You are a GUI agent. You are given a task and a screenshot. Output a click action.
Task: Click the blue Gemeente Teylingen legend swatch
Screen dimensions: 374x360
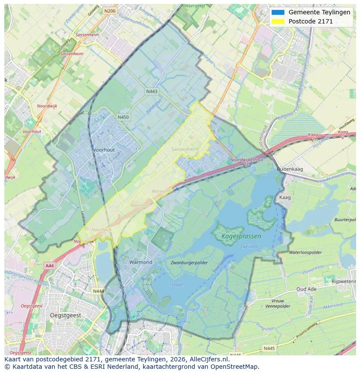pos(277,12)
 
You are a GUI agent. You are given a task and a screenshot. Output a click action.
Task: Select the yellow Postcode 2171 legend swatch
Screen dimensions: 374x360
pos(277,21)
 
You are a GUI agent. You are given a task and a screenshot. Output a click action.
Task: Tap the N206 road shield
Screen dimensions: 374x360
pos(110,11)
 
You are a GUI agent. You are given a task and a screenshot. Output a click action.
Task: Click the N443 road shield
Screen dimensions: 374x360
pos(152,91)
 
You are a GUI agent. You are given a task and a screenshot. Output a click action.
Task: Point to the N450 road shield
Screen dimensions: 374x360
pos(123,117)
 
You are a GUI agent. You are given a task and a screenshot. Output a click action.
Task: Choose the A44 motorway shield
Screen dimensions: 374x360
pos(49,265)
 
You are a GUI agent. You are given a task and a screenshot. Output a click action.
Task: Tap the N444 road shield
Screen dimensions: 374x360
pos(99,291)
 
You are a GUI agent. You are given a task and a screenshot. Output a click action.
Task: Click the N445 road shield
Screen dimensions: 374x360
pos(269,348)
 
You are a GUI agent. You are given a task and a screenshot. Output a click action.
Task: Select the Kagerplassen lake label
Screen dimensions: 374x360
pos(241,236)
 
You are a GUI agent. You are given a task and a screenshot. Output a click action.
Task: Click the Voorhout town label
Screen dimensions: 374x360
pos(103,150)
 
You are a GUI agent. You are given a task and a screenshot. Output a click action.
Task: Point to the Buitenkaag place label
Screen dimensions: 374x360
pos(290,169)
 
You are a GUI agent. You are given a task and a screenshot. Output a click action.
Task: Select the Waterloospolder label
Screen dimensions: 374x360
pos(306,252)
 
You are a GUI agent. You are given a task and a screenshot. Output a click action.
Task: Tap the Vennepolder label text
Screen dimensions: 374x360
pos(278,306)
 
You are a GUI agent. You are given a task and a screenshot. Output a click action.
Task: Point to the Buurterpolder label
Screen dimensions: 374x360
pos(345,220)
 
